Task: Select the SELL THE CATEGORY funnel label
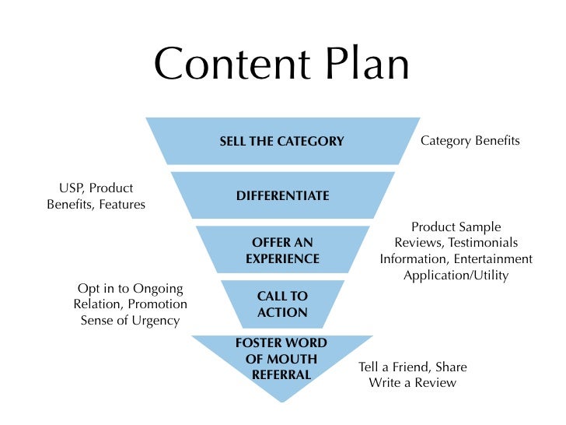click(x=281, y=142)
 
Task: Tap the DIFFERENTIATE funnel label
click(x=282, y=196)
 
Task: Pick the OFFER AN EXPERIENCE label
click(x=282, y=251)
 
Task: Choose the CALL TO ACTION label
click(x=282, y=304)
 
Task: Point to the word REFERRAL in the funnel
click(x=281, y=374)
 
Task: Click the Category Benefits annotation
click(x=470, y=141)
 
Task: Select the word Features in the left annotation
click(x=121, y=205)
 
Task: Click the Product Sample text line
click(x=456, y=227)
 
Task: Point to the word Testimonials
click(x=480, y=243)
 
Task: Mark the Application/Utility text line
click(x=456, y=276)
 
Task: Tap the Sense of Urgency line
click(x=130, y=320)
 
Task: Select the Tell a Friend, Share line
click(x=412, y=367)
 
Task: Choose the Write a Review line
click(x=412, y=382)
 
